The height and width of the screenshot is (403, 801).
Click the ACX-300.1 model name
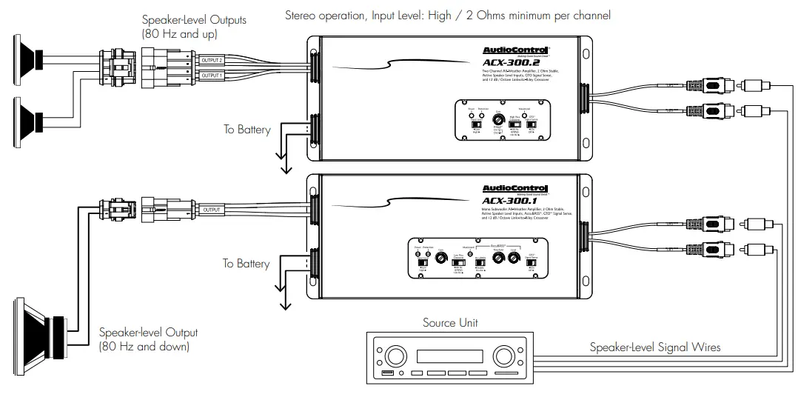[x=510, y=201]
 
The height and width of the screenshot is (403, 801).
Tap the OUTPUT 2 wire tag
[x=212, y=62]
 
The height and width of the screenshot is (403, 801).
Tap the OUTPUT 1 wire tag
[x=212, y=76]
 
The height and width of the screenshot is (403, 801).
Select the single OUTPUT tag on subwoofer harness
[x=212, y=210]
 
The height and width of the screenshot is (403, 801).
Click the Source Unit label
[x=450, y=322]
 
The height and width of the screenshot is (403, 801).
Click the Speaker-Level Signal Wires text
[x=654, y=347]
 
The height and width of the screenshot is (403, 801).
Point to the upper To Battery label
[x=247, y=130]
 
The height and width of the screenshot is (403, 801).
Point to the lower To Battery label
[x=247, y=264]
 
